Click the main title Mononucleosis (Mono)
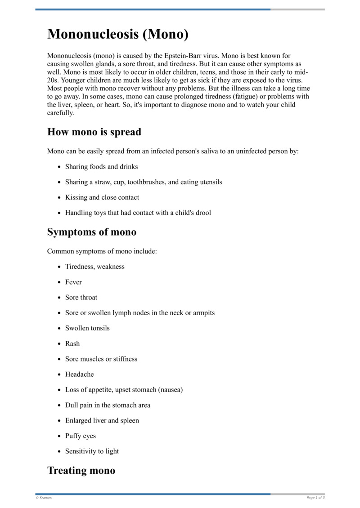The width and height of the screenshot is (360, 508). pyautogui.click(x=118, y=34)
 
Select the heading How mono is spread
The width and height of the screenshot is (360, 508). pyautogui.click(x=94, y=132)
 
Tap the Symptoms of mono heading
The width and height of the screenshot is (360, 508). pyautogui.click(x=92, y=232)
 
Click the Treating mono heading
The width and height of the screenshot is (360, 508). pyautogui.click(x=81, y=470)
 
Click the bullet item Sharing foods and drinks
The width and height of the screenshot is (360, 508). pyautogui.click(x=101, y=167)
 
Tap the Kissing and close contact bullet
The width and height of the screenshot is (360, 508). pyautogui.click(x=102, y=197)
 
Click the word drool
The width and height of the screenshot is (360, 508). pyautogui.click(x=202, y=213)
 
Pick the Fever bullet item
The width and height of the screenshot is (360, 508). pyautogui.click(x=73, y=282)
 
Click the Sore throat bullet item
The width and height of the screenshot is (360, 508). pyautogui.click(x=81, y=297)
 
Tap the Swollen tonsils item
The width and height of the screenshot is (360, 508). pyautogui.click(x=87, y=328)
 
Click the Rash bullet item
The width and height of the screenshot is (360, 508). pyautogui.click(x=72, y=343)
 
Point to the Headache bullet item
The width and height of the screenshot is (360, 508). pyautogui.click(x=80, y=374)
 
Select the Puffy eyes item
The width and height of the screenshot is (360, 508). pyautogui.click(x=81, y=436)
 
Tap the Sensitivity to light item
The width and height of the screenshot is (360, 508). pyautogui.click(x=92, y=451)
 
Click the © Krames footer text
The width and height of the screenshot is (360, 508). pyautogui.click(x=44, y=498)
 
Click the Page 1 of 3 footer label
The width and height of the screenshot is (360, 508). pyautogui.click(x=315, y=498)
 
